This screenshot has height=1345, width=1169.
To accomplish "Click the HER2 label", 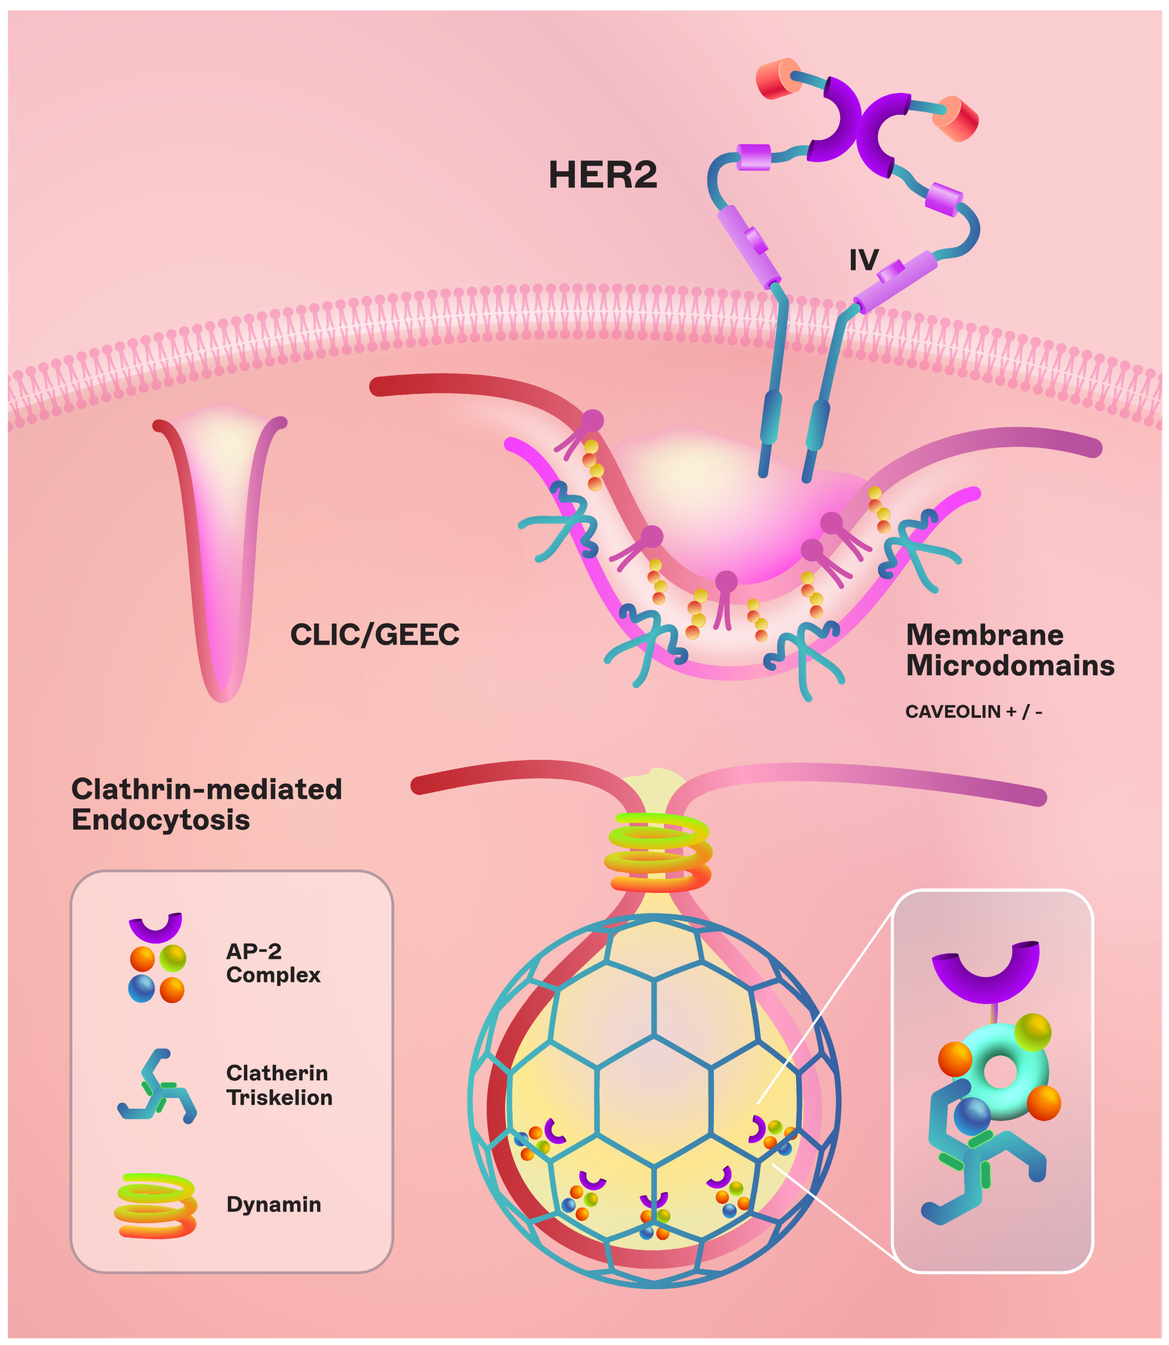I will (602, 175).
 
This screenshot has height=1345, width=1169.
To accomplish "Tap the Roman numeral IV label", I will (864, 260).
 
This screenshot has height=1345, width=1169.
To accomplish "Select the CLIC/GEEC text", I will (375, 634).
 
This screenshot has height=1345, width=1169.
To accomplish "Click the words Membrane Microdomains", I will (1010, 650).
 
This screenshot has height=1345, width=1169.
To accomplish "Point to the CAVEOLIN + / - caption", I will (973, 711).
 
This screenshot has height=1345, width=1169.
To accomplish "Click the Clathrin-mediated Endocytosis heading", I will (206, 804).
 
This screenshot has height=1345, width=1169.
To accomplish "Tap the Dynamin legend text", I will (273, 1204).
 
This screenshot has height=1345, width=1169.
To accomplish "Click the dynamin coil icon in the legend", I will (155, 1205).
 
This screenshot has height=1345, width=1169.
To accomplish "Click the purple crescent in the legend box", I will (155, 926).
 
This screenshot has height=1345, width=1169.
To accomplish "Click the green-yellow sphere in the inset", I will (1033, 1031).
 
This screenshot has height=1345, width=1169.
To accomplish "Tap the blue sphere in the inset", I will (972, 1116).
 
